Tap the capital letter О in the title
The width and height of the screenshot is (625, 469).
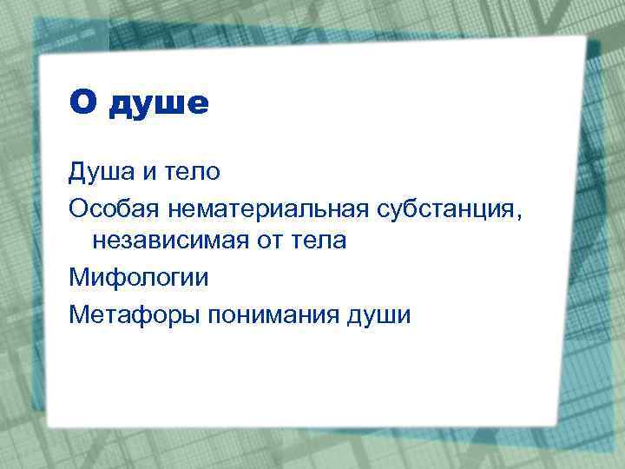point(82,102)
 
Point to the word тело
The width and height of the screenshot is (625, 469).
point(192,172)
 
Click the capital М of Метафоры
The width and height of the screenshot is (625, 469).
point(78,313)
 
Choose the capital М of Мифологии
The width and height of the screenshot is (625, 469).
point(78,277)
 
